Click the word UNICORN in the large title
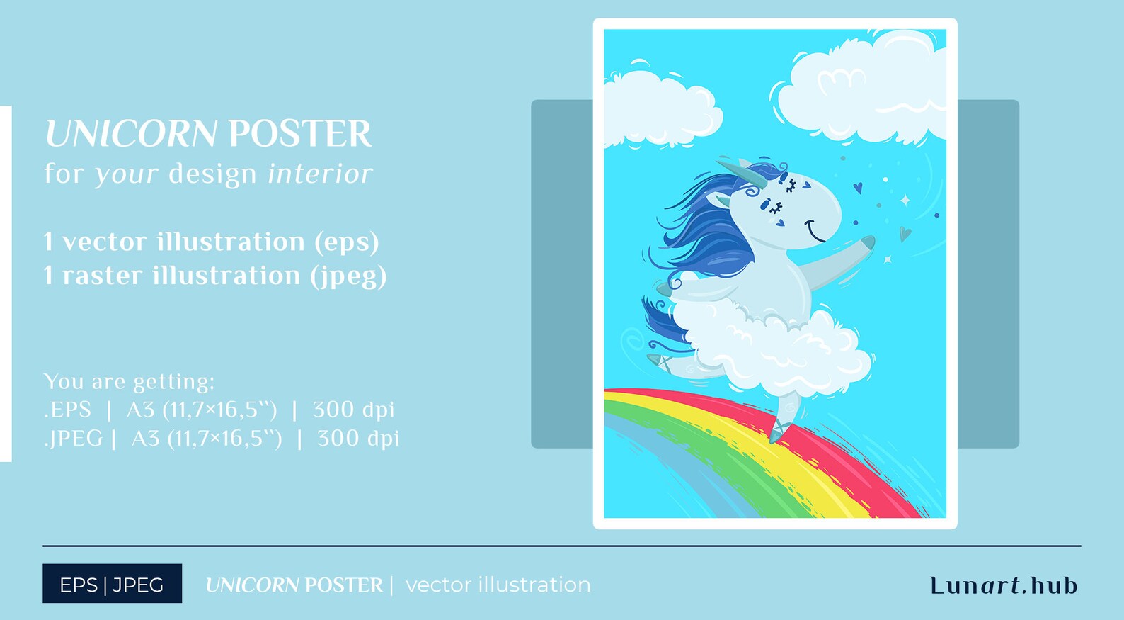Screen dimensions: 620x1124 coord(130,134)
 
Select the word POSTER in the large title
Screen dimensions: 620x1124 coord(299,134)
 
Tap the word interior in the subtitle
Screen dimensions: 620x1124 coord(320,174)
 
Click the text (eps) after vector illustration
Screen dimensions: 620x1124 coord(347,242)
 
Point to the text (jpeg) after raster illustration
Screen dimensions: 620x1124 coord(348,276)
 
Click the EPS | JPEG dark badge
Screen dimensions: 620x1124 coord(112,584)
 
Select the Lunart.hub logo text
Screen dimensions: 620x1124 coord(1004,585)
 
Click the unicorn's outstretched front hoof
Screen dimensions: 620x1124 coord(868,243)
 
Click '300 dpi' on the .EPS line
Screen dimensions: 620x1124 coord(353,410)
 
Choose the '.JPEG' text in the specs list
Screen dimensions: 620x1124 coord(73,439)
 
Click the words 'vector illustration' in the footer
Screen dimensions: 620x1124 coord(498,585)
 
